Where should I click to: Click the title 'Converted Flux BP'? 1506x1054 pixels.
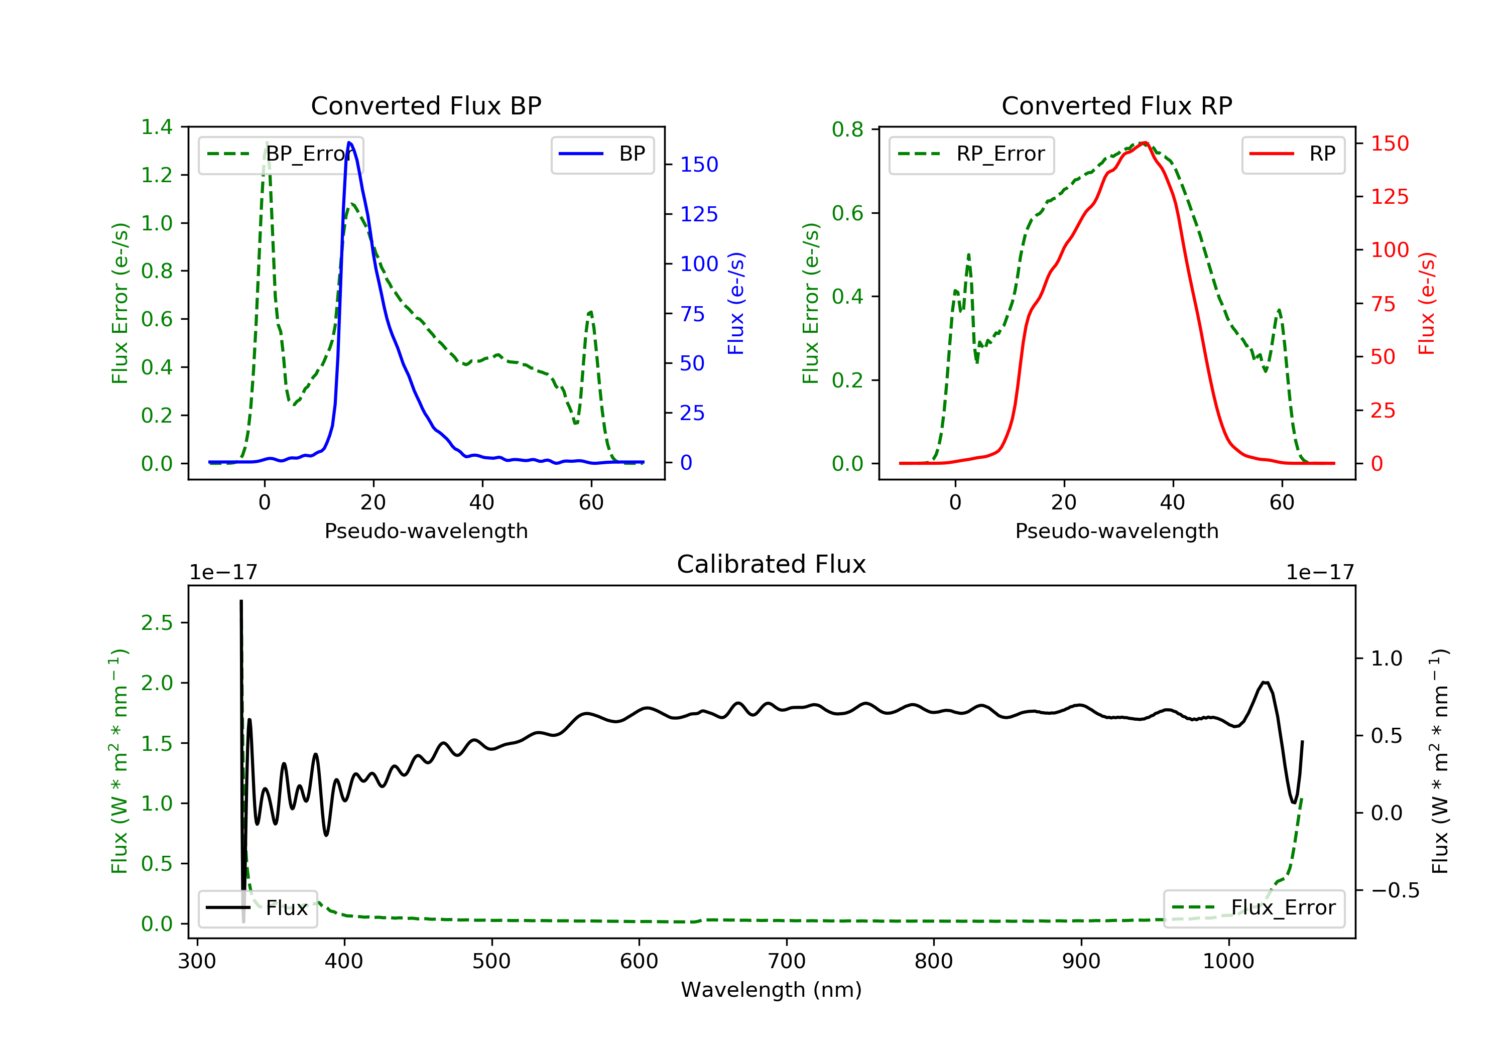(x=426, y=105)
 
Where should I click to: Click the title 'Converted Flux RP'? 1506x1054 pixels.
(x=1116, y=105)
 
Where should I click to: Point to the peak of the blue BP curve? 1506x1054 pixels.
(x=349, y=143)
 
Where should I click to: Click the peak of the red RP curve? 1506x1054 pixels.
(x=1144, y=143)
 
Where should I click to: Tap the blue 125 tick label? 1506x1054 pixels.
(x=699, y=214)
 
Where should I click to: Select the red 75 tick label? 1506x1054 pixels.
(x=1383, y=304)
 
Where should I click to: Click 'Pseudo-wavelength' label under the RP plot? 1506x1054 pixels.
(x=1116, y=531)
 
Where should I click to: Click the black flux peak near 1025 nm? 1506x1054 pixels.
(x=1264, y=683)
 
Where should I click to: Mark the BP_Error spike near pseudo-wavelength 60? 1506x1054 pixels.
(x=590, y=312)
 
